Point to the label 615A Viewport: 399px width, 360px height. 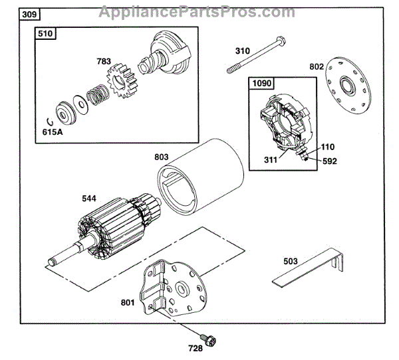tap(54, 132)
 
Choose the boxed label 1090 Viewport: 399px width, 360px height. tap(261, 83)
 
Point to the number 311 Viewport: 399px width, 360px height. tap(269, 159)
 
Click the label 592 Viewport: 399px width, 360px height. tap(330, 159)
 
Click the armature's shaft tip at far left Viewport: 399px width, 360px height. tap(50, 261)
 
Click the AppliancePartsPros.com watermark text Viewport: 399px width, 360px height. tap(197, 12)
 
